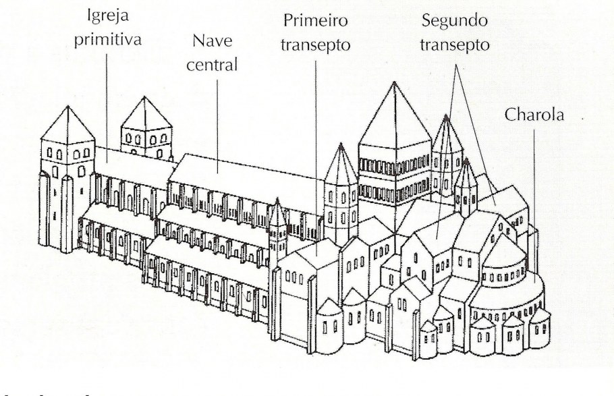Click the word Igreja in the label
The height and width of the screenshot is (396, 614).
pos(108,16)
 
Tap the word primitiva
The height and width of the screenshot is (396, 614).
pos(108,40)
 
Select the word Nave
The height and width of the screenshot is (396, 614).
pos(213,40)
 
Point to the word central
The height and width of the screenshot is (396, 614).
pos(212,65)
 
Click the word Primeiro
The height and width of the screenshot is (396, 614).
pos(316,20)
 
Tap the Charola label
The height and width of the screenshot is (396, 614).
pos(534,115)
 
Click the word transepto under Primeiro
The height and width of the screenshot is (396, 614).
pos(316,45)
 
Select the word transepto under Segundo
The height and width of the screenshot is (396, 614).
pos(455,45)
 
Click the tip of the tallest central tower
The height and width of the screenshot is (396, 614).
pos(394,82)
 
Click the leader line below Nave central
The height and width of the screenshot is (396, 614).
pos(218,125)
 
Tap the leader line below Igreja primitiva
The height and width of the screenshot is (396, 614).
pos(107,108)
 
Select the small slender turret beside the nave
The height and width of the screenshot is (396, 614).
pos(277,231)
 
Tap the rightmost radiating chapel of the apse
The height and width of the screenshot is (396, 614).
pos(540,329)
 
